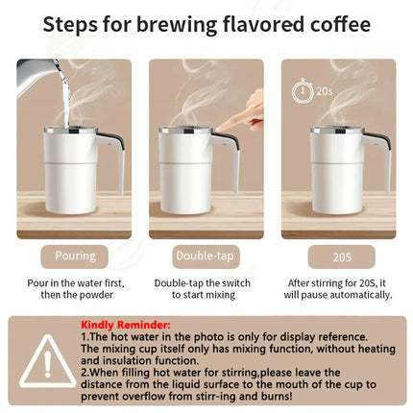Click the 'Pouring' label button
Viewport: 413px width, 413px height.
coord(74,256)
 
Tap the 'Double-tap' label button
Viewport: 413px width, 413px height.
coord(206,256)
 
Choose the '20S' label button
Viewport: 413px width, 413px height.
coord(337,256)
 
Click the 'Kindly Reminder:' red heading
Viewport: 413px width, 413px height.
coord(126,326)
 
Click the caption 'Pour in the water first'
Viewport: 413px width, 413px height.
coord(74,283)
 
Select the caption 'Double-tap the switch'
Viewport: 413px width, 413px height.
coord(206,283)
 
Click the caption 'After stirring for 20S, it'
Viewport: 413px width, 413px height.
coord(337,283)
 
